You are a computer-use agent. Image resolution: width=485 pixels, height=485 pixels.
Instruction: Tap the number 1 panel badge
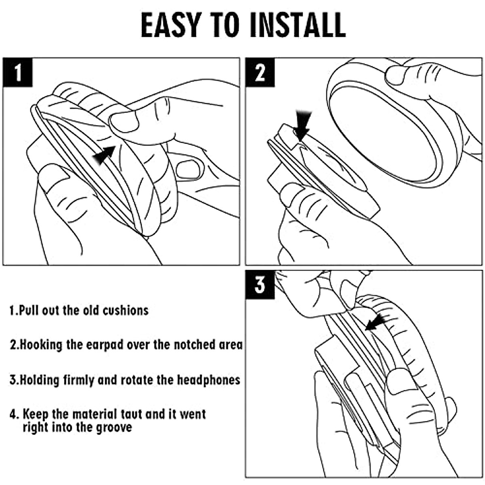pyautogui.click(x=18, y=72)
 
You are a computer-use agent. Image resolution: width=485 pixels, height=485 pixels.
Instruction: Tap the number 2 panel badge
pyautogui.click(x=260, y=72)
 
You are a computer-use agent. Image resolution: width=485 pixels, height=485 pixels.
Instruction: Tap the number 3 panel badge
pyautogui.click(x=260, y=285)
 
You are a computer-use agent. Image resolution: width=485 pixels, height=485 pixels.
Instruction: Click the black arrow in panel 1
pyautogui.click(x=104, y=155)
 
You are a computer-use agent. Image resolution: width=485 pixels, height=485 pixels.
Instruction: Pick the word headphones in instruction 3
pyautogui.click(x=209, y=380)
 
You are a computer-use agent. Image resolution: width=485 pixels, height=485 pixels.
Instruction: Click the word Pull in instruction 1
pyautogui.click(x=29, y=310)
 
